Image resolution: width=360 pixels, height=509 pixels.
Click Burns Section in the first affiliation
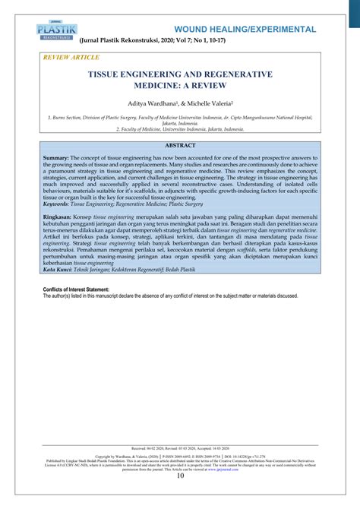pos(68,118)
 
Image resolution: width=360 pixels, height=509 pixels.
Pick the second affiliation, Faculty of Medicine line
pos(180,129)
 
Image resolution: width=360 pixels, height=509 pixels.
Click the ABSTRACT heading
pos(180,144)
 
